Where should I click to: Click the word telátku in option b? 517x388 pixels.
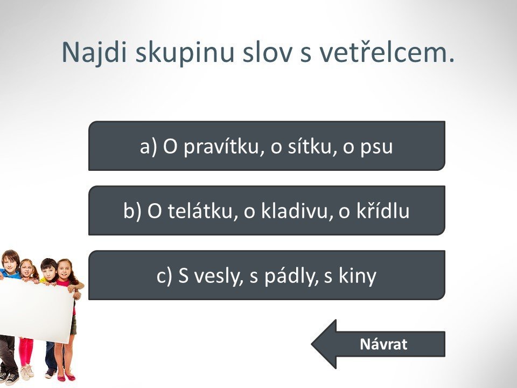click(202, 211)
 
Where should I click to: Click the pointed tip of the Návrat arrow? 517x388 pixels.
click(312, 344)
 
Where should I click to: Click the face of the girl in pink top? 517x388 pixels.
click(64, 270)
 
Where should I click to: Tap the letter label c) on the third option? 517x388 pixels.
click(164, 276)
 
